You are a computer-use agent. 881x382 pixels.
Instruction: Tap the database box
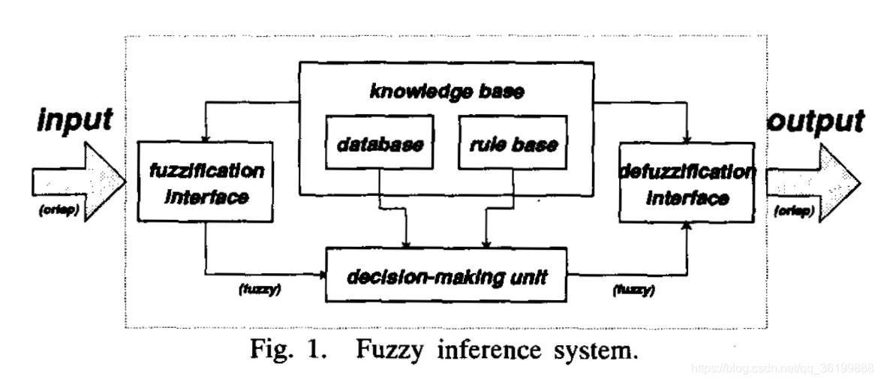[380, 143]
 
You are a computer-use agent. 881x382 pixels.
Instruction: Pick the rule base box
[513, 143]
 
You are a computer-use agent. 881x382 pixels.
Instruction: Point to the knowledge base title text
[447, 92]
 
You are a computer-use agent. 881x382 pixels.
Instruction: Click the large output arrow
[807, 185]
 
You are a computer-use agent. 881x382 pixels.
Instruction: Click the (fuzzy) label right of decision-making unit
[633, 289]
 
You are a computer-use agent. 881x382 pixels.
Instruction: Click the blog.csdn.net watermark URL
[780, 368]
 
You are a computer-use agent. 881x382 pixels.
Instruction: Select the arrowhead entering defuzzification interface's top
[687, 139]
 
